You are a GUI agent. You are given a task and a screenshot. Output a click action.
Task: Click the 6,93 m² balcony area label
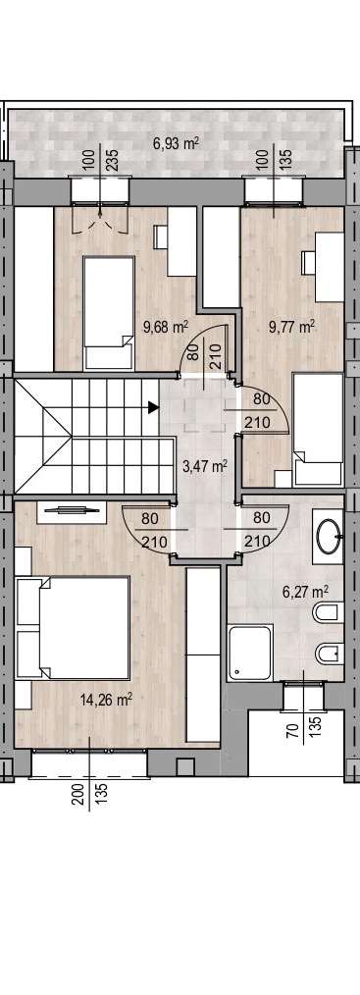coord(176,143)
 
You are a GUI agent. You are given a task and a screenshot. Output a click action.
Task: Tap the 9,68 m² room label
coord(166,328)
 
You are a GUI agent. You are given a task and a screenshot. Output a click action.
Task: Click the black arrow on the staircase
coord(153,407)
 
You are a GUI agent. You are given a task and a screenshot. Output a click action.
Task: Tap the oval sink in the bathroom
coord(329,536)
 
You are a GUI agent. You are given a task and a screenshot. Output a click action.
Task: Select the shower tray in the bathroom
coord(250,652)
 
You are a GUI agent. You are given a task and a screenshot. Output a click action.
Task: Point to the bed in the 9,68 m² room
coord(109,312)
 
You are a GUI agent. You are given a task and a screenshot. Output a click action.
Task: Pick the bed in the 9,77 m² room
coord(318,430)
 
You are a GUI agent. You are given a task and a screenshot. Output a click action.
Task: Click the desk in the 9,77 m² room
coord(330,267)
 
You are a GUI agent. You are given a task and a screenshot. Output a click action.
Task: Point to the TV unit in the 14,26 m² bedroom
coord(71,512)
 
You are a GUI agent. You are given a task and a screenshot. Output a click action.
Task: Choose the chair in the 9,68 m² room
coord(160,237)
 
